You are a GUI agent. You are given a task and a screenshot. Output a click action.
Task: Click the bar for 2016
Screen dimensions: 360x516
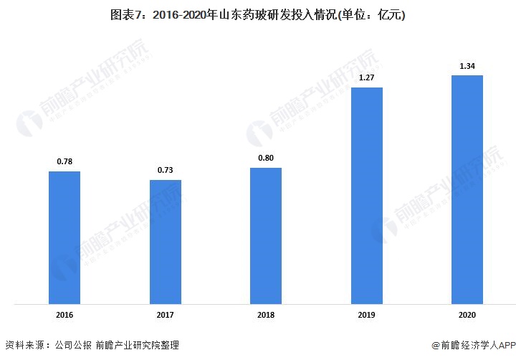coord(64,237)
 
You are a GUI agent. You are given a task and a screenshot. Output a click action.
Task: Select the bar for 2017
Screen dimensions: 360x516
coord(165,242)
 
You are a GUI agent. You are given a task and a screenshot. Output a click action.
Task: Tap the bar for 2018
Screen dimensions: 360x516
coord(266,236)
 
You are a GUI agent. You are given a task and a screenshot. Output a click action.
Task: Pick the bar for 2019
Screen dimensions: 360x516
coord(366,195)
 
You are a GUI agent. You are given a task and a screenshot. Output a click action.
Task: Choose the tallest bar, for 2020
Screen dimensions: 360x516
coord(467,189)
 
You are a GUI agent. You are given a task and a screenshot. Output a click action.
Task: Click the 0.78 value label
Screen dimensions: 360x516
coord(64,161)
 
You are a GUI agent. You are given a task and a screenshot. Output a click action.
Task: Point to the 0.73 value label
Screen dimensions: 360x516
coord(165,170)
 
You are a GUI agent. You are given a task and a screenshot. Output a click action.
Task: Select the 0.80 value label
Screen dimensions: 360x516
coord(266,158)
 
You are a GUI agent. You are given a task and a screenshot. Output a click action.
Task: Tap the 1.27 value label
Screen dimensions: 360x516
coord(366,77)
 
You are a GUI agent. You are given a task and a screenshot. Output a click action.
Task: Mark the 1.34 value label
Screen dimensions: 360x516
coord(467,66)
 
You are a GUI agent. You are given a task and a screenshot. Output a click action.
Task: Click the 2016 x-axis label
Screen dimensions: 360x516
coord(64,315)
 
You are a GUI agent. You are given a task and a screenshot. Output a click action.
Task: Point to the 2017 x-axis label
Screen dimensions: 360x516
coord(165,315)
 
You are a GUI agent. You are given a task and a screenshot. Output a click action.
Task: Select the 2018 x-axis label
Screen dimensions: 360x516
coord(266,315)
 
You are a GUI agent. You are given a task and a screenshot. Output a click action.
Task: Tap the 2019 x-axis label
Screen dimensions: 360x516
coord(366,315)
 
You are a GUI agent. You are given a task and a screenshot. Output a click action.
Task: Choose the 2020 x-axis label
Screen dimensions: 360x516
coord(467,315)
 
